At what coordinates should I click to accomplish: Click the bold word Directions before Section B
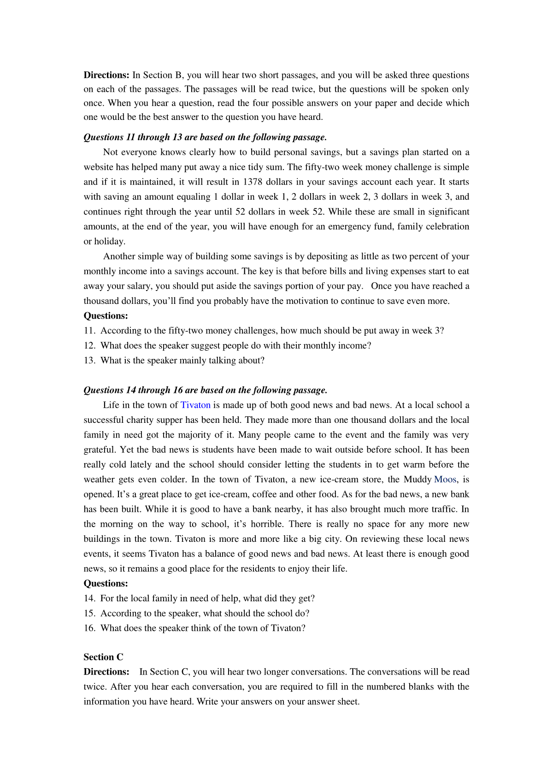point(106,75)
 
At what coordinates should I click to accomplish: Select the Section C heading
point(103,657)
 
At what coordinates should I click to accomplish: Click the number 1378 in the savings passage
point(253,182)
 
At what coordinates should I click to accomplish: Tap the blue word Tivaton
point(195,405)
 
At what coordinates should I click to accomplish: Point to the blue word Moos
point(445,479)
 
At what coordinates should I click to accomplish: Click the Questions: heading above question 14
point(106,583)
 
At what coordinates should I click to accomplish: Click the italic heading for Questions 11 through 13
point(205,137)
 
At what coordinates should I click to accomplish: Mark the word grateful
point(100,450)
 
